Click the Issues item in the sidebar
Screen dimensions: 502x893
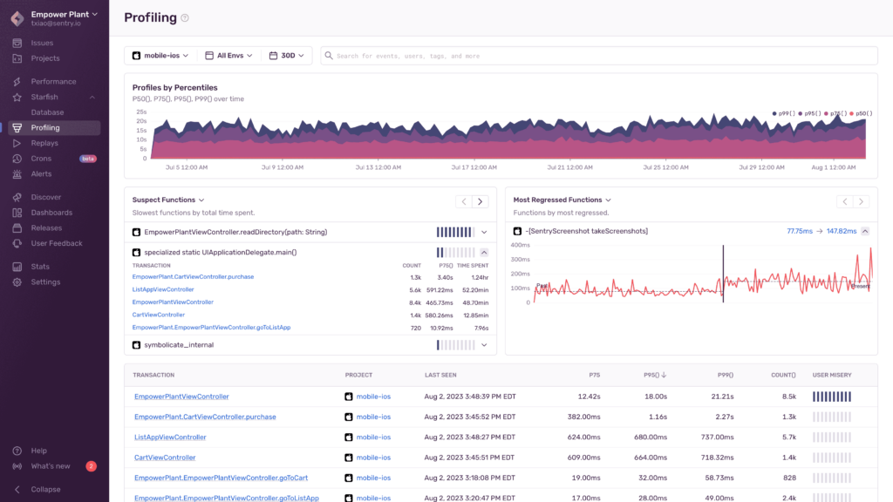coord(42,43)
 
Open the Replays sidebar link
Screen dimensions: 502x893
coord(44,143)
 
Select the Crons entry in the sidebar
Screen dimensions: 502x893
coord(41,159)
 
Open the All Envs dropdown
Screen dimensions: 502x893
coord(228,56)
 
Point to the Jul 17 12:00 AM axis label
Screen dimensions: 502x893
coord(471,167)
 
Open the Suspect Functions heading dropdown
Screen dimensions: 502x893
coord(168,200)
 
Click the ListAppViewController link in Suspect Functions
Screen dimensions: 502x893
coord(163,289)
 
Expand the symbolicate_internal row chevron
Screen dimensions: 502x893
coord(484,345)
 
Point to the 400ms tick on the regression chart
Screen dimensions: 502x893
coord(521,245)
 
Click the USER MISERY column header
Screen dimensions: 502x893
coord(832,375)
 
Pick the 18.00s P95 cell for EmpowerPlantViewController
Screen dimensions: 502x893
coord(655,397)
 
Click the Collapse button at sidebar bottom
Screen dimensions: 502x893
coord(45,489)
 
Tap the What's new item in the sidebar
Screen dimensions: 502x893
coord(51,466)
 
